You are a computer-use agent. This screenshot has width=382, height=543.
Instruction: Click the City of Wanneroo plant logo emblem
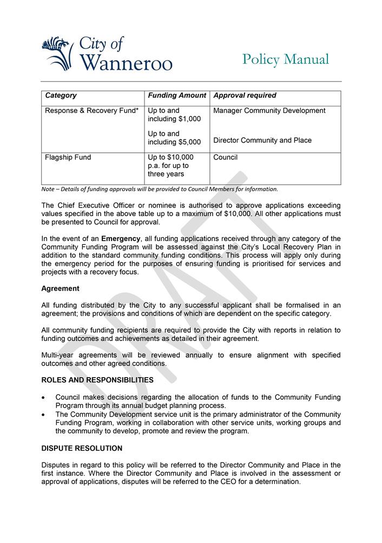click(57, 53)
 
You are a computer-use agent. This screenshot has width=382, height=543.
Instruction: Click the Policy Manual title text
click(285, 59)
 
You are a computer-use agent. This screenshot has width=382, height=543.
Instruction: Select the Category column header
click(61, 96)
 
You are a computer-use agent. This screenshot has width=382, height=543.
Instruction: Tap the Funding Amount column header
click(177, 96)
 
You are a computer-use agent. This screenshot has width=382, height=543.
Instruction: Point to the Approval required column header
click(245, 96)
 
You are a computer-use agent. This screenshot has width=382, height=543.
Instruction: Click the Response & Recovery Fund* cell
click(91, 111)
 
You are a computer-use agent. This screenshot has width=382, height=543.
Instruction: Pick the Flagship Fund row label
click(68, 158)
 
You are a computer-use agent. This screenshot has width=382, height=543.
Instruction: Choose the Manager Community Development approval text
click(269, 111)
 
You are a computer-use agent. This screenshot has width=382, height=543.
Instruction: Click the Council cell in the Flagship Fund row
click(225, 158)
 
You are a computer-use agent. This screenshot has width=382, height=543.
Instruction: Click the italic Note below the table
click(160, 189)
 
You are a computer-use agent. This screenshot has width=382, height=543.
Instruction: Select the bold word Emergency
click(121, 239)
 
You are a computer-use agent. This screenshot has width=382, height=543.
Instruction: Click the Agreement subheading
click(60, 289)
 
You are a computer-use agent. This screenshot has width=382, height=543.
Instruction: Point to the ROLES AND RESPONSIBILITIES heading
click(97, 380)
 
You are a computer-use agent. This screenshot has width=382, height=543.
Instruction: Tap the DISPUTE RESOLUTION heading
click(82, 448)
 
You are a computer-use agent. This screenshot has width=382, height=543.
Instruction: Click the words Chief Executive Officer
click(93, 205)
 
